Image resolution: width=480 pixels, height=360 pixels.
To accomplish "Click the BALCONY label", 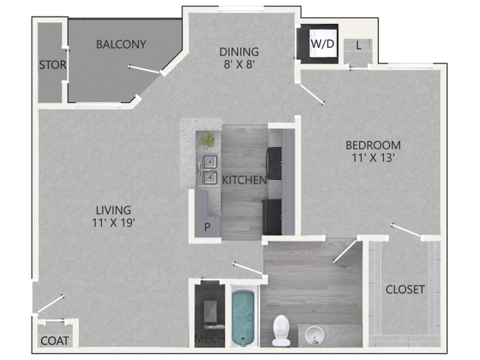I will click(121, 44).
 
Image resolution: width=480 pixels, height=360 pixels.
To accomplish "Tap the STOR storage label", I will click(52, 65).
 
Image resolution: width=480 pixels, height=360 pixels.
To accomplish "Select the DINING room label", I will click(238, 52).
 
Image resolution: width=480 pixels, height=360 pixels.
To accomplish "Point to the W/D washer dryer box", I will click(322, 44).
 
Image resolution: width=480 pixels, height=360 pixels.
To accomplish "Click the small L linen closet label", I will click(359, 46).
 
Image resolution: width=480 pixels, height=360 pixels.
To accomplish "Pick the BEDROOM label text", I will click(373, 145).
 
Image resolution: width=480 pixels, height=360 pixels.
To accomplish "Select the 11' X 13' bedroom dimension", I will click(373, 157).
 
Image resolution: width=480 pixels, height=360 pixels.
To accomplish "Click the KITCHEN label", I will click(244, 180).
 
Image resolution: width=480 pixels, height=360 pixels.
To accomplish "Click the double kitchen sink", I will click(208, 169).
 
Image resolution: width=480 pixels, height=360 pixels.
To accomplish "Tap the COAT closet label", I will click(54, 340).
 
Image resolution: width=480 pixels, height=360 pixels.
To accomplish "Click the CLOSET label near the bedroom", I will click(405, 289).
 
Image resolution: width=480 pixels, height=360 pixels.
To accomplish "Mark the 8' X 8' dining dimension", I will click(238, 64).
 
